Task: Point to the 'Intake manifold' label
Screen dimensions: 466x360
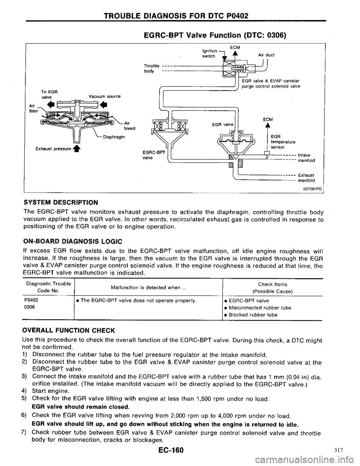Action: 305,158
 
